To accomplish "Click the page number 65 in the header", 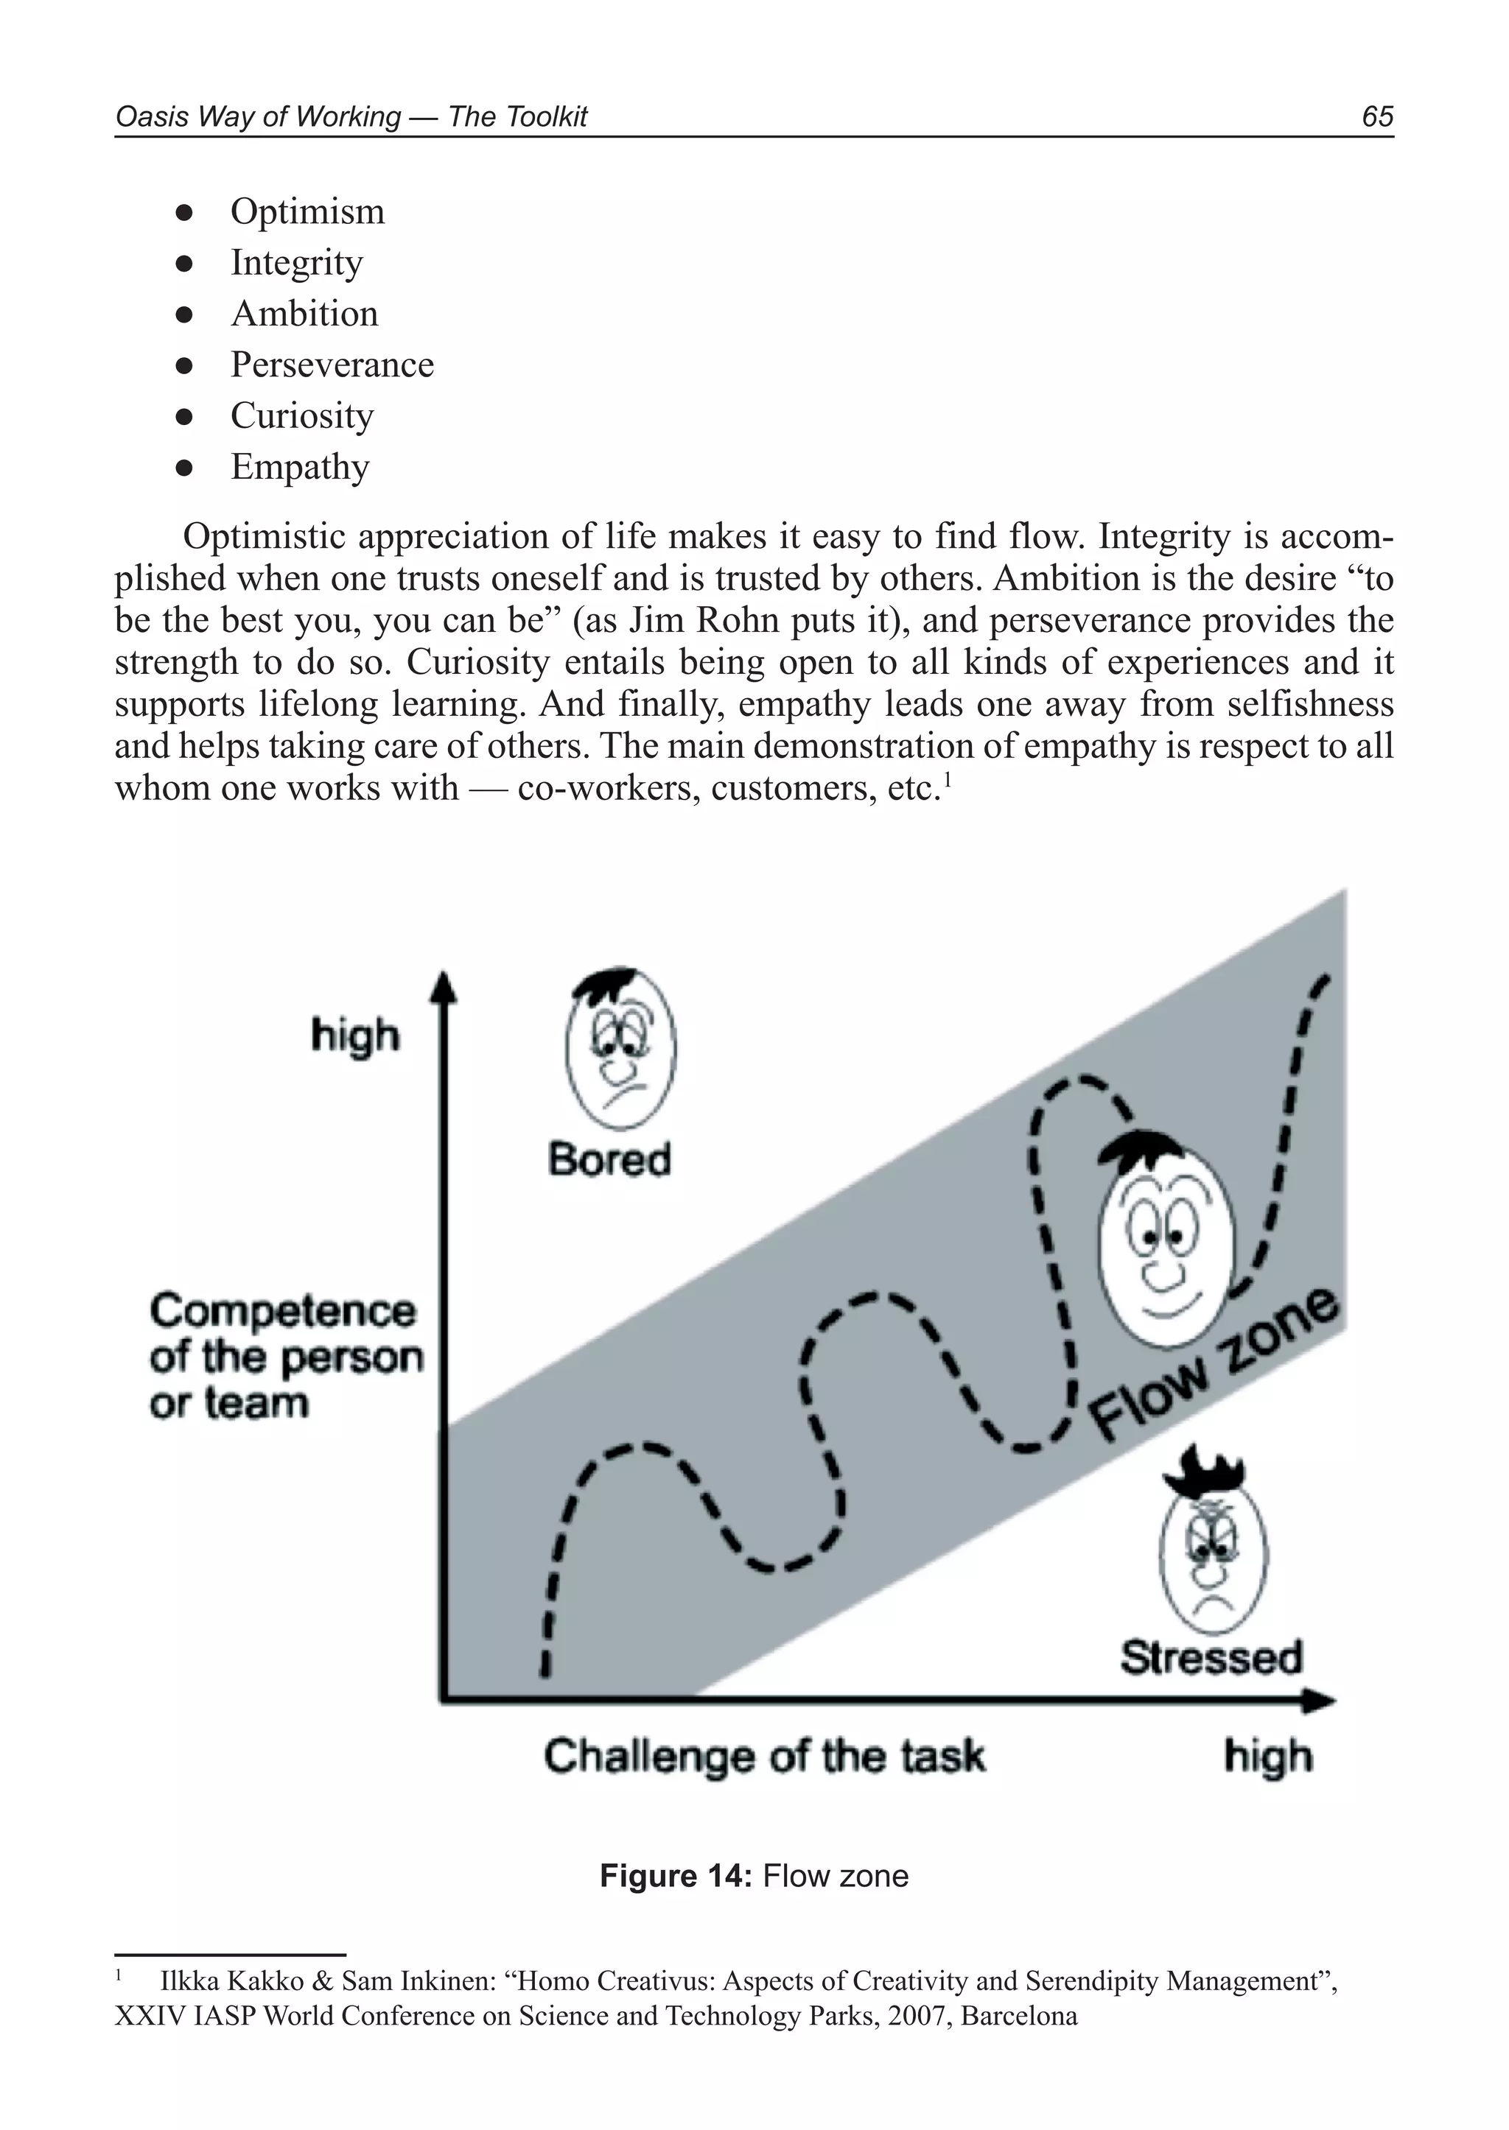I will [x=1377, y=116].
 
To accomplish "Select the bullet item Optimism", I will [x=307, y=212].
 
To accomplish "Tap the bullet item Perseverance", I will [x=332, y=365].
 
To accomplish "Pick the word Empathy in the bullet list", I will [x=299, y=467].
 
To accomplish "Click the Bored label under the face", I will [x=609, y=1160].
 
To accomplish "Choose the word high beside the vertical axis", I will [x=355, y=1036].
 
